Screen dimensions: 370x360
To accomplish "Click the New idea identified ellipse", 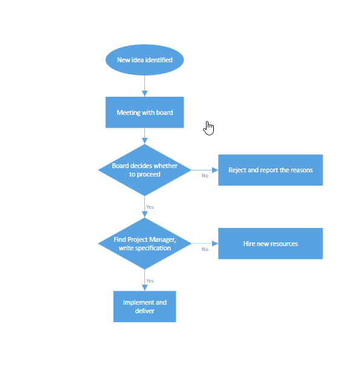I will (x=144, y=60).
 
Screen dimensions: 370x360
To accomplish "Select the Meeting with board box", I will (x=144, y=112).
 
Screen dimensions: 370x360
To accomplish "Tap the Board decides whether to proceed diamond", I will (x=144, y=170).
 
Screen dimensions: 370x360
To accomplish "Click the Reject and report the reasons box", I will (x=270, y=170).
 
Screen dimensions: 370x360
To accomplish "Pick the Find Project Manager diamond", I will (x=144, y=244).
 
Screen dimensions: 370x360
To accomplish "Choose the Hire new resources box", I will (x=270, y=244).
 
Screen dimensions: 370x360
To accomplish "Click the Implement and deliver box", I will (x=144, y=307).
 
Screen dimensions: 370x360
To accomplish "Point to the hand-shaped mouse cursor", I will (x=208, y=128).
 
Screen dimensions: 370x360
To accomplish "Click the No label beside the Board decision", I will (x=205, y=176).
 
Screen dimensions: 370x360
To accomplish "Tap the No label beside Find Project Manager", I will (x=205, y=249).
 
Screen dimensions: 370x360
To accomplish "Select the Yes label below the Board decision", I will (x=150, y=207).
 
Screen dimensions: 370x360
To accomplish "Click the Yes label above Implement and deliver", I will (x=150, y=281).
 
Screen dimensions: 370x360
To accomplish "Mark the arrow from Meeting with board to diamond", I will (x=144, y=136).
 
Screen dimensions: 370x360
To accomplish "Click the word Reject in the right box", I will (x=237, y=170).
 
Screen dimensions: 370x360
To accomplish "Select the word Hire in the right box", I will (x=249, y=244).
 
